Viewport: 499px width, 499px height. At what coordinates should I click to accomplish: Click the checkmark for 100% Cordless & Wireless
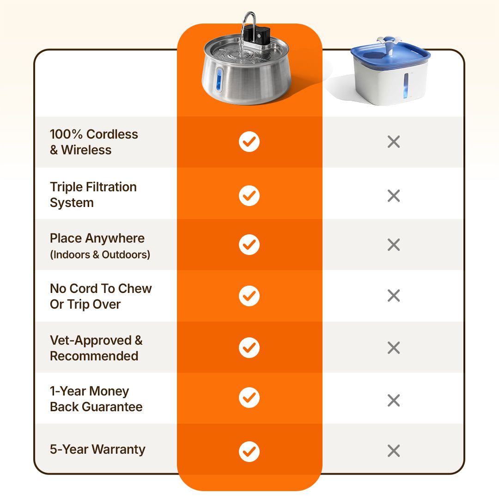coord(249,142)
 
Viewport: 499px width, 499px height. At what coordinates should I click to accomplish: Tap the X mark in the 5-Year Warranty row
coord(394,450)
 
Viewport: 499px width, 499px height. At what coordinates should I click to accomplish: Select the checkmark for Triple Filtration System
coord(249,195)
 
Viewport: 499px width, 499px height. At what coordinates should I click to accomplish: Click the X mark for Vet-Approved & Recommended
coord(394,347)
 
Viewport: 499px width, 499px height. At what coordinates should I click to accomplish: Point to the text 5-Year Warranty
coord(97,449)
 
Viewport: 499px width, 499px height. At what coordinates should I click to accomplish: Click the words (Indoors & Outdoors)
coord(100,255)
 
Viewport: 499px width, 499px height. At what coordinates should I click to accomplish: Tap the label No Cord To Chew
coord(101,289)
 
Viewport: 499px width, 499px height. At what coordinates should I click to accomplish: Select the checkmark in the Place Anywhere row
coord(249,244)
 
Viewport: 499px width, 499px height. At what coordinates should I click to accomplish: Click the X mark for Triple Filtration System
coord(394,196)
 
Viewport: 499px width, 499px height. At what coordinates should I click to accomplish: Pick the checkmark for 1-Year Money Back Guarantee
coord(249,397)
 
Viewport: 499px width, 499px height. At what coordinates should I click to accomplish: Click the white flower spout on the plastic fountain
coord(388,42)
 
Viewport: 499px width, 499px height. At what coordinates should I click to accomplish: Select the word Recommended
coord(94,356)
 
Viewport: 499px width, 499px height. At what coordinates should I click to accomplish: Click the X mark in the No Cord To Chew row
coord(394,295)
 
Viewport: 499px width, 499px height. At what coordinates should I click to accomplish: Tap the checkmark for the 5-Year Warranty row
coord(249,451)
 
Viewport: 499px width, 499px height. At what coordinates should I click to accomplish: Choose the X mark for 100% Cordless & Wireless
coord(394,142)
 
